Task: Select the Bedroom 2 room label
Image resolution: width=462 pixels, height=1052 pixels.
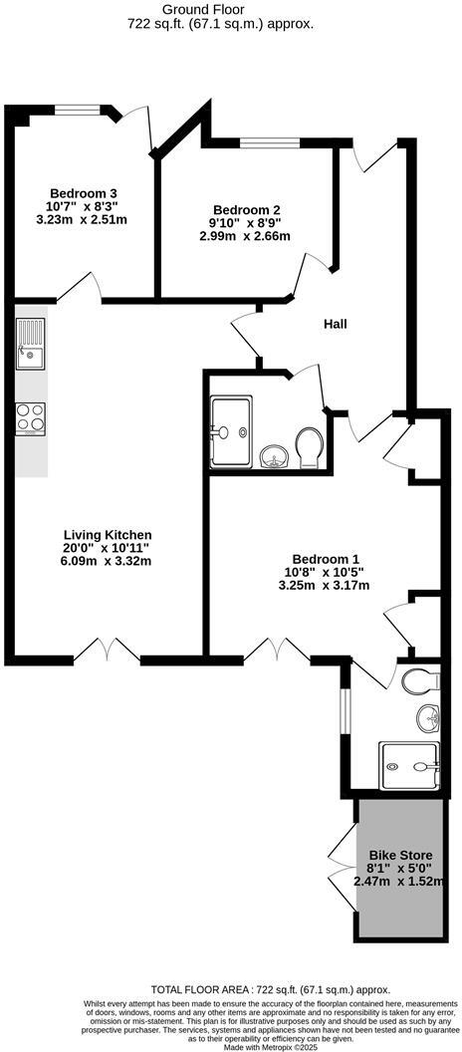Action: tap(245, 209)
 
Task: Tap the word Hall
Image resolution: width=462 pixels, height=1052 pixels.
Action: tap(335, 324)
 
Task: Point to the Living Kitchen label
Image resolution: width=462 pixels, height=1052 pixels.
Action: tap(108, 535)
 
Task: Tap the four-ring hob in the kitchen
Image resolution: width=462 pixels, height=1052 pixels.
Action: tap(31, 418)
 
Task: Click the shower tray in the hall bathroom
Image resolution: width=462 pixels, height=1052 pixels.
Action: tap(231, 430)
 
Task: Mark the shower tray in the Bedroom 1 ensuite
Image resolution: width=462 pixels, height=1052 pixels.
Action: tap(409, 765)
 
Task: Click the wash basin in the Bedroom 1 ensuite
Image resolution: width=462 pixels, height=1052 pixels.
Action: tap(429, 715)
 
